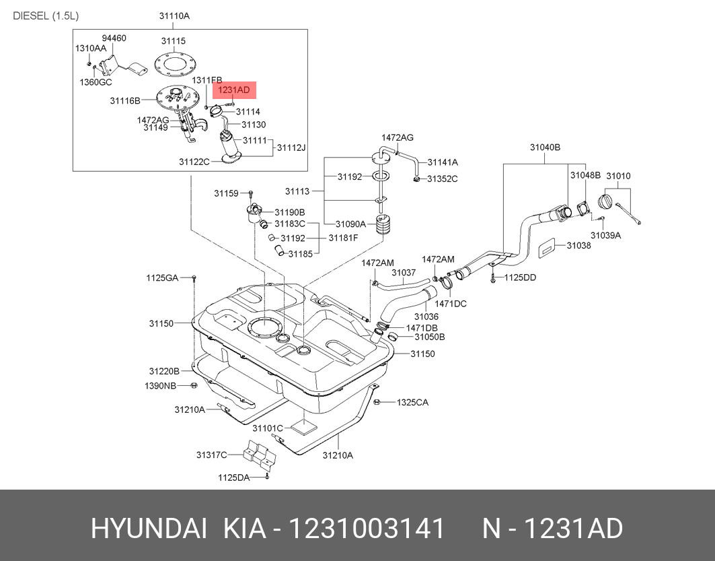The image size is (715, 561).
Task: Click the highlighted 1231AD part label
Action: (233, 90)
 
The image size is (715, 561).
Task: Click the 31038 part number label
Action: (578, 246)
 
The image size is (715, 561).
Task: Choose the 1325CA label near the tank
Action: (412, 403)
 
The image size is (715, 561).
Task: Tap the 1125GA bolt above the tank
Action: (194, 278)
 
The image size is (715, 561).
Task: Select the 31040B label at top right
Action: (544, 147)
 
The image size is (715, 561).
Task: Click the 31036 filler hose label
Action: (426, 316)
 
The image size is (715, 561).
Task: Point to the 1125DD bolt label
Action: (520, 277)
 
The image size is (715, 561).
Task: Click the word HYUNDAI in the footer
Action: (149, 529)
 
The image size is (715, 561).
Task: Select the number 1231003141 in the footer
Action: (367, 529)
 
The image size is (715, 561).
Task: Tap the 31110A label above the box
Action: (174, 15)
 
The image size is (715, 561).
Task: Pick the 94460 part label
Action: (114, 38)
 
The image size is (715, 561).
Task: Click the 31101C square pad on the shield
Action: (305, 426)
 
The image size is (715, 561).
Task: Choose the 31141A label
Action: (444, 162)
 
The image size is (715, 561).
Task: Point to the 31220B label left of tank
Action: (164, 371)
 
